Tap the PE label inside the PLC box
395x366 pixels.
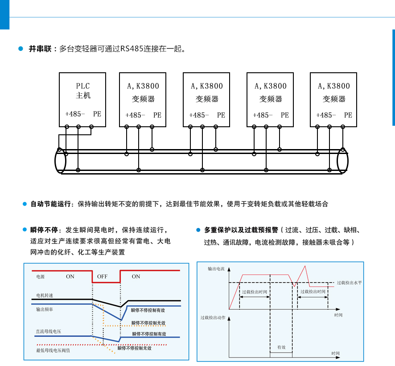click(x=97, y=114)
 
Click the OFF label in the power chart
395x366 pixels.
click(x=102, y=277)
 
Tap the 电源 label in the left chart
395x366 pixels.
click(x=41, y=277)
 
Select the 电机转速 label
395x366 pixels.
click(x=45, y=295)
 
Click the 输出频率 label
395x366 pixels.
click(x=45, y=309)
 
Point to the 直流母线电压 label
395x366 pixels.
click(x=48, y=332)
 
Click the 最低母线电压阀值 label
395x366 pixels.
click(x=53, y=350)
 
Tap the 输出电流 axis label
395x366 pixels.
click(x=216, y=269)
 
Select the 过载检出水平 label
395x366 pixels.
click(x=349, y=283)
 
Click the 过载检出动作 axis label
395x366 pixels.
click(x=213, y=318)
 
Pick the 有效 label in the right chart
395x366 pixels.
click(x=281, y=347)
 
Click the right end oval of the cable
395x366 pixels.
click(x=342, y=161)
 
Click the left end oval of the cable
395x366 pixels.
click(x=60, y=161)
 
